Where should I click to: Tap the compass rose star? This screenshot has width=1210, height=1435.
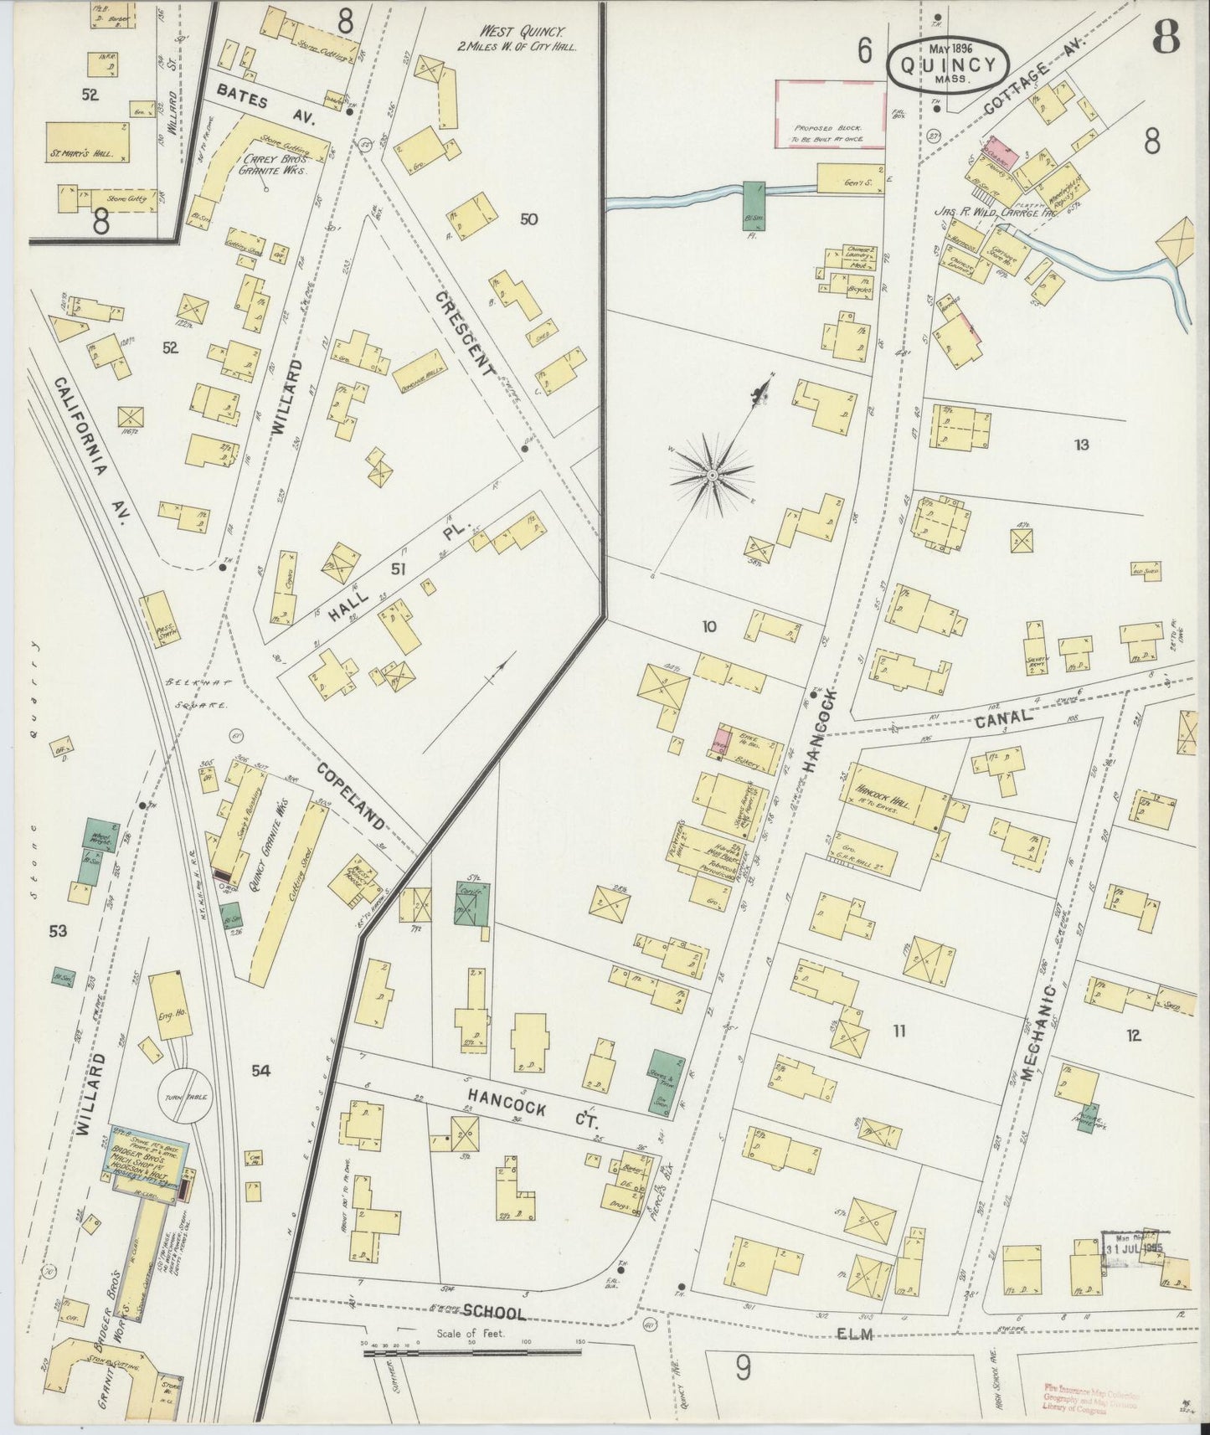[x=711, y=475]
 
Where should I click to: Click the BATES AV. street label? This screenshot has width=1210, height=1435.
[x=262, y=110]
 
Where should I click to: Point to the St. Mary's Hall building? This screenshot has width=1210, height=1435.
[x=87, y=142]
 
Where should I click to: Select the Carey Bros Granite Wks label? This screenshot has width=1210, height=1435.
[x=273, y=163]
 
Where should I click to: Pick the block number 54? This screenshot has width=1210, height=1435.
[x=260, y=1069]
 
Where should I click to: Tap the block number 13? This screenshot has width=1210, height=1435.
[x=1081, y=445]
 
